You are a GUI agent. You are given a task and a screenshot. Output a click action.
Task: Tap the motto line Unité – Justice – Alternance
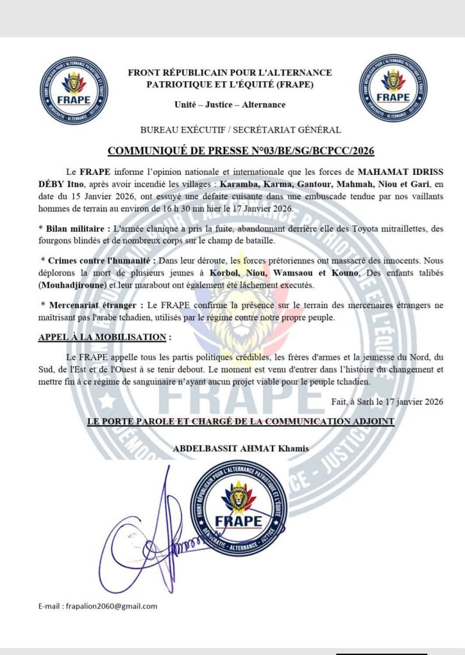coord(230,104)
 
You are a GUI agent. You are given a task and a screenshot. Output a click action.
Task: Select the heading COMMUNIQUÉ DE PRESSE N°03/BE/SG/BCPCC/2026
coord(241,151)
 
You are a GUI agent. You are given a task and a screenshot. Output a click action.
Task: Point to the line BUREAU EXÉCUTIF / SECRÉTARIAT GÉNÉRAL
coord(232,130)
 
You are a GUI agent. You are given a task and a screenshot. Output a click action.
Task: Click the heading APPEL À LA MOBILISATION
coord(105,337)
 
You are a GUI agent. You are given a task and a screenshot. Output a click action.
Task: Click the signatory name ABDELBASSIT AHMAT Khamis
coord(241,449)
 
